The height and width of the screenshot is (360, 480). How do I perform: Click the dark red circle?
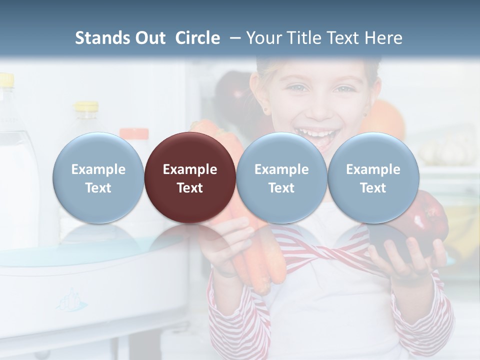190,177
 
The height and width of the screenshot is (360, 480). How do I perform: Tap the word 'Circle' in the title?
197,38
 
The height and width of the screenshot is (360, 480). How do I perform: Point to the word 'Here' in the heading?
384,38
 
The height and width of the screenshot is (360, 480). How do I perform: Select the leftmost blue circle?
98,177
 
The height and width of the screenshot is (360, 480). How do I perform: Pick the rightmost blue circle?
373,177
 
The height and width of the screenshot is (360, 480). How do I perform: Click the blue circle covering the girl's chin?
281,177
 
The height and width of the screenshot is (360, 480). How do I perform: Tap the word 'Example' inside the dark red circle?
190,169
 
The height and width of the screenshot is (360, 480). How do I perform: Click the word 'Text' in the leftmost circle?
98,188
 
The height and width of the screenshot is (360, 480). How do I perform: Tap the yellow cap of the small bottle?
86,106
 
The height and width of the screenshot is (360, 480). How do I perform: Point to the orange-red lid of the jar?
133,134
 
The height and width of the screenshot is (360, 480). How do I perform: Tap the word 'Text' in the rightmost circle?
373,188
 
